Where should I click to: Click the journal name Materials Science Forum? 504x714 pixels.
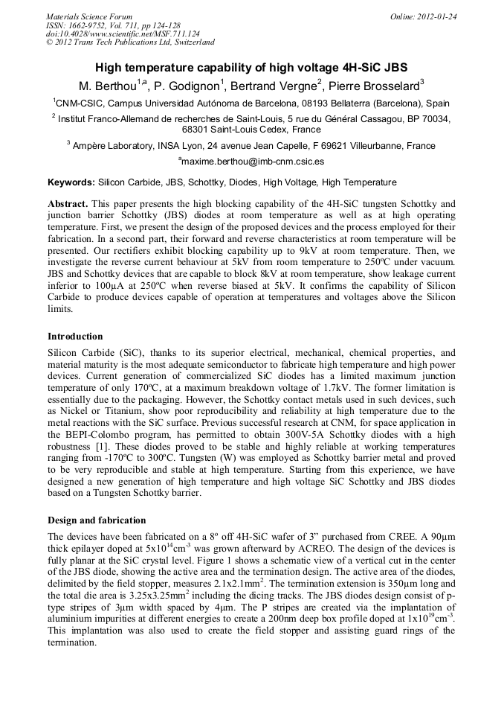pos(89,16)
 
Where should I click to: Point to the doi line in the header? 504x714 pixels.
pos(123,34)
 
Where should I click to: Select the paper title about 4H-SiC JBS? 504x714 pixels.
pos(251,67)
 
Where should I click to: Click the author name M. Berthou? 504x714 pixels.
pos(109,86)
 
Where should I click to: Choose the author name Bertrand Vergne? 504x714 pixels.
pos(279,86)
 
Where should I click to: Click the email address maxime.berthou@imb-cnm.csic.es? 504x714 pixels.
pos(253,161)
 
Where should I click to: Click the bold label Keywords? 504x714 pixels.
pos(71,182)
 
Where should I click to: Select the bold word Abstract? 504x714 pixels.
pos(68,203)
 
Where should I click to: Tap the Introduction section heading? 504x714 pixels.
pos(75,337)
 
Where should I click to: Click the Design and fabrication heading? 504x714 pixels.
pos(97,520)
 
